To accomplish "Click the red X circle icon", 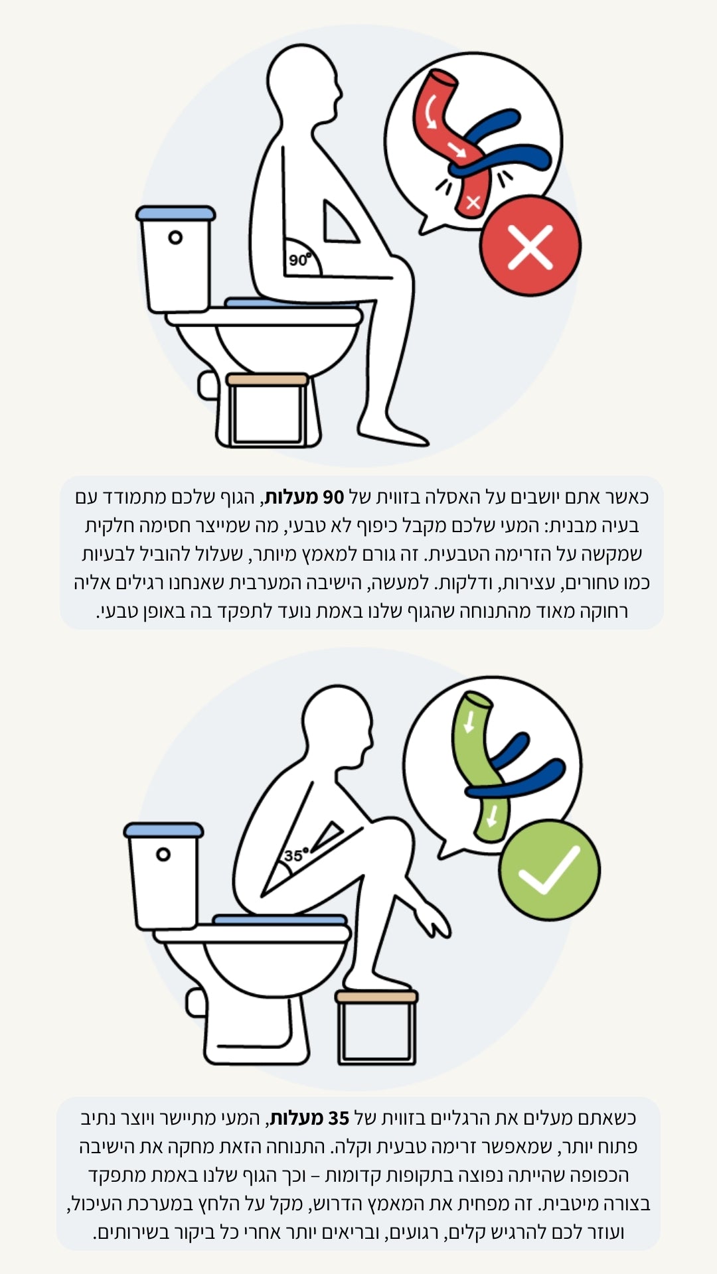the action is [530, 246].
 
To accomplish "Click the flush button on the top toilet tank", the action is [175, 238].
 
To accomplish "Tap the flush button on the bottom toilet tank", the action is [163, 855].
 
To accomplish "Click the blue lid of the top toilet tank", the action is [176, 213].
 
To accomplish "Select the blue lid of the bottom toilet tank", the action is [164, 830].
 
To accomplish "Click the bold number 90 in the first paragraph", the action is [333, 497].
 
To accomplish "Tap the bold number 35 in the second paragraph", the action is [339, 1118].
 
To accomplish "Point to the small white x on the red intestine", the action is [473, 202].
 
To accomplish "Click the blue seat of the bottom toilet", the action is [279, 920].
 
